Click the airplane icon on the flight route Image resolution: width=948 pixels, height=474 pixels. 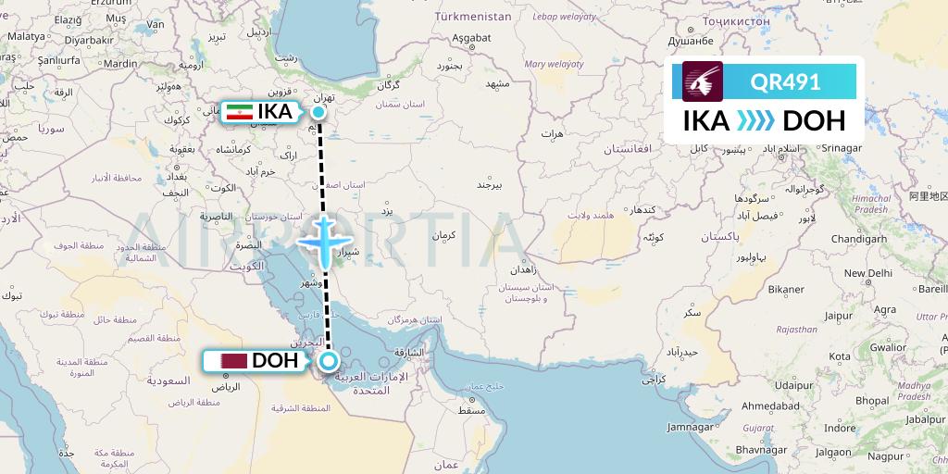[323, 242]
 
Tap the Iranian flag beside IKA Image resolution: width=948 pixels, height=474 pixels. [240, 112]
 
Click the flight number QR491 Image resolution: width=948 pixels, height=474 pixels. [785, 82]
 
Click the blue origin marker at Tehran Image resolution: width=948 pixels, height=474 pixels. [318, 113]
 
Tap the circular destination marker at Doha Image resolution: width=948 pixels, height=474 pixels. [328, 361]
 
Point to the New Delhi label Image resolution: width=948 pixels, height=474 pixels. [867, 273]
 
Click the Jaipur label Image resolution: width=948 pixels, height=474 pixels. [839, 315]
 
